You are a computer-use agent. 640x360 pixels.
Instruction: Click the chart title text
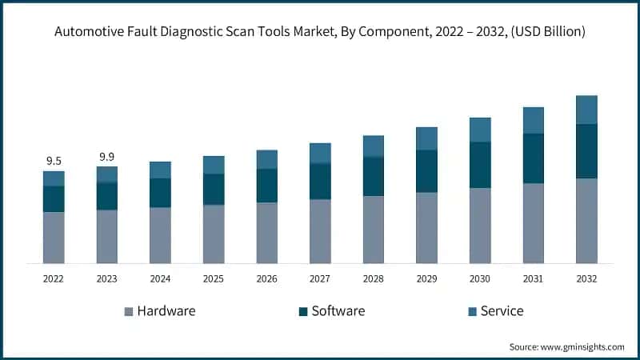point(319,32)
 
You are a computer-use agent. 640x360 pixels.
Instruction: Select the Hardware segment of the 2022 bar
point(54,238)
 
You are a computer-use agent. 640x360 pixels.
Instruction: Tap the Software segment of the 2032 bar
point(586,151)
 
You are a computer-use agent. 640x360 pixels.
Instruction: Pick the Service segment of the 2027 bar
point(320,154)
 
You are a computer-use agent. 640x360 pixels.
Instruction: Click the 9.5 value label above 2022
point(54,159)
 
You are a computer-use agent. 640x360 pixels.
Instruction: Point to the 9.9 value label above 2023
point(107,156)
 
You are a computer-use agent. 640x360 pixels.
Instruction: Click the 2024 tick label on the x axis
point(160,278)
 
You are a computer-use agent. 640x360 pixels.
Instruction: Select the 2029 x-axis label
point(426,278)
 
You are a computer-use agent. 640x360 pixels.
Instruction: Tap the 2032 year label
point(586,278)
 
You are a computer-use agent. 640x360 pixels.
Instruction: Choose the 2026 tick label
point(266,278)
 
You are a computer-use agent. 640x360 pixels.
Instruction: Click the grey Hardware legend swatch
point(128,311)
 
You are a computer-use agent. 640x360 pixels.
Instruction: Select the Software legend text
point(338,310)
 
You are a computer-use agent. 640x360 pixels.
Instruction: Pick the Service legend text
point(502,310)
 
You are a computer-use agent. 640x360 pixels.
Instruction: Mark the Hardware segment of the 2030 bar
point(480,226)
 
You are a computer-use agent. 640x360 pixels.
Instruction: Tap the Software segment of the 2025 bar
point(214,190)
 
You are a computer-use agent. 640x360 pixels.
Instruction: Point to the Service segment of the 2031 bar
point(534,121)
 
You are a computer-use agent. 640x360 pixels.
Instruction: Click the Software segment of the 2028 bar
point(374,177)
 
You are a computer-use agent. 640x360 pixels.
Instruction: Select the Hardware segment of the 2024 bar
point(160,235)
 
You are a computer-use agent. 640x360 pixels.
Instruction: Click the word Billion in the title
point(561,32)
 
